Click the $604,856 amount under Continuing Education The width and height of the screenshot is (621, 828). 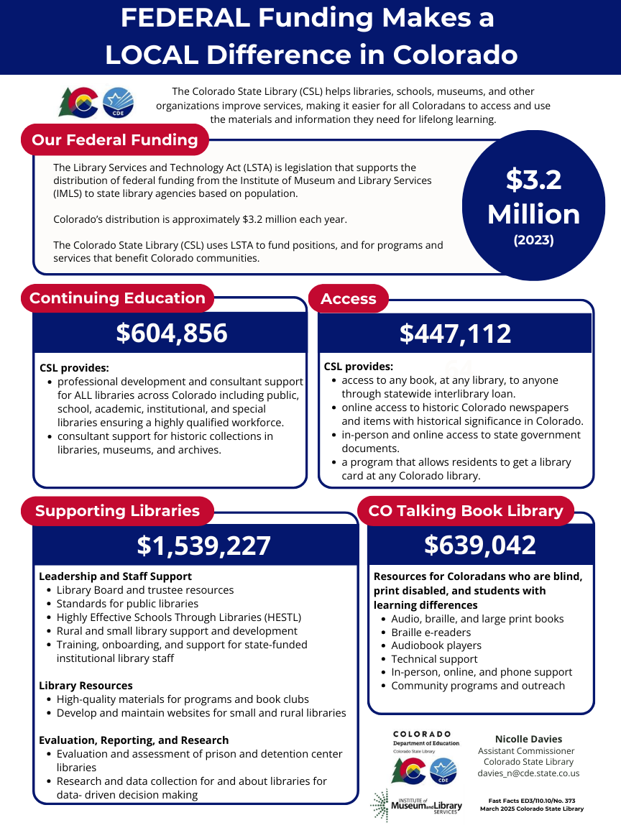click(x=172, y=333)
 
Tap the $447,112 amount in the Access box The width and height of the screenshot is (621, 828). click(x=455, y=333)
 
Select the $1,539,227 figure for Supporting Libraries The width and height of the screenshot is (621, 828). click(x=203, y=546)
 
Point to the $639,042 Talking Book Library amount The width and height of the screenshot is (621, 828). click(x=479, y=545)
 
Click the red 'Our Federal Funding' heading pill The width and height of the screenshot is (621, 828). click(x=115, y=139)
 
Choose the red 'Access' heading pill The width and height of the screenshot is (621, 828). click(x=349, y=298)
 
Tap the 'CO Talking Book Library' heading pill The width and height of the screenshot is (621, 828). click(x=465, y=511)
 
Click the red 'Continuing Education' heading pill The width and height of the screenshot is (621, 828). click(x=117, y=298)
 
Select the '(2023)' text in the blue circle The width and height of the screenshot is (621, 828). click(x=533, y=241)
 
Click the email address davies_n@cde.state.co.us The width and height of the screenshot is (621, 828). click(x=528, y=773)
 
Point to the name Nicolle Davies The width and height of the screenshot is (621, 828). click(x=528, y=739)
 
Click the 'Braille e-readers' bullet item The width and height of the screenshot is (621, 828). click(x=431, y=632)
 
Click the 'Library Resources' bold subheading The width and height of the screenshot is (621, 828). click(x=86, y=686)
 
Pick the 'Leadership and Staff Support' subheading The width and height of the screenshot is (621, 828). click(x=115, y=576)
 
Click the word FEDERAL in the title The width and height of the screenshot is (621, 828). click(x=188, y=18)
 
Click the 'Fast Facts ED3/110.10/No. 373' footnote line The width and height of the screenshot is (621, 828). click(x=531, y=800)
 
